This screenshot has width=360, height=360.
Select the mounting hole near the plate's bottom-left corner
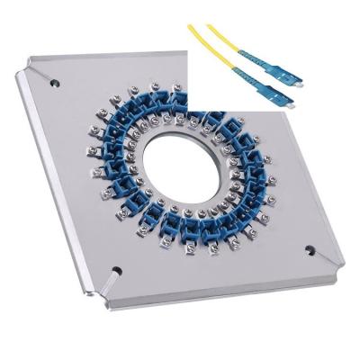click(x=116, y=268)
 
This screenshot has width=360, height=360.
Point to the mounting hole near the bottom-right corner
click(x=310, y=249)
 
